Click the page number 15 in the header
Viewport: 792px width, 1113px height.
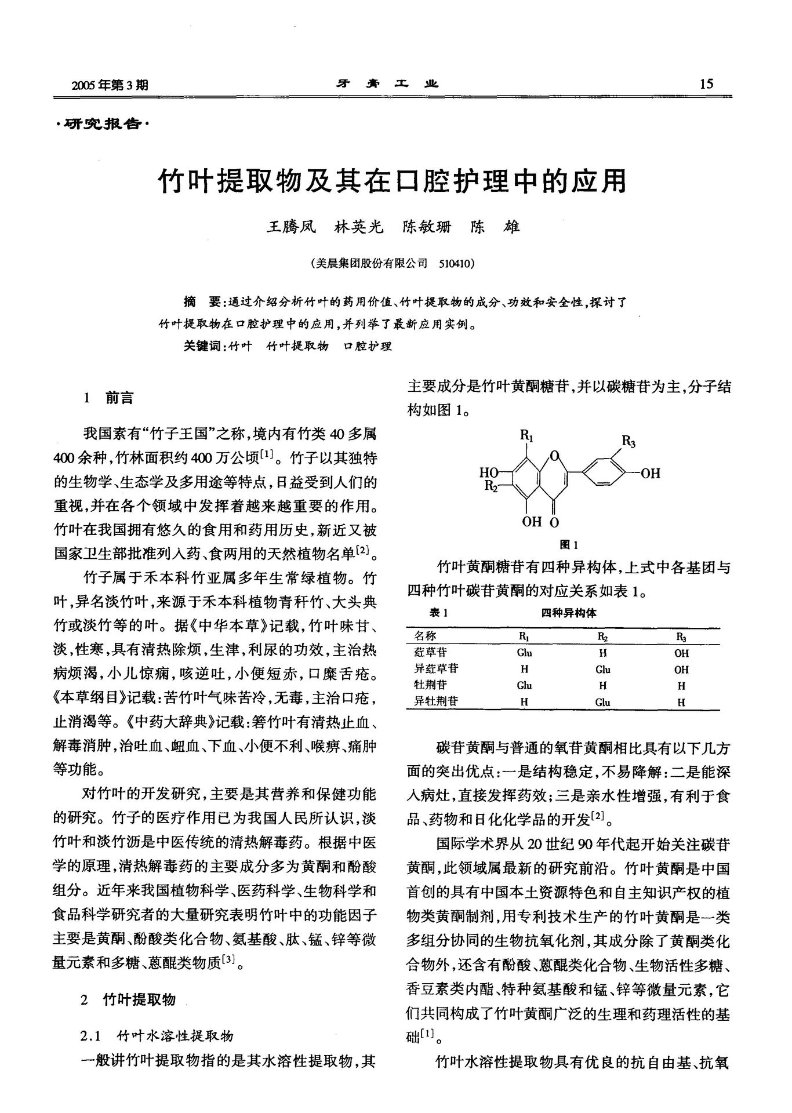(707, 84)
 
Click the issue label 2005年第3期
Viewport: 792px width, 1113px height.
(110, 86)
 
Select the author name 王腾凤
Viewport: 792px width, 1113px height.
(290, 227)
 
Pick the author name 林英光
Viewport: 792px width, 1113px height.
(359, 227)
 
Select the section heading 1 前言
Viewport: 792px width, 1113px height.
(108, 398)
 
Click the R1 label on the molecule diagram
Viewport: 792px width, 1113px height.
(527, 434)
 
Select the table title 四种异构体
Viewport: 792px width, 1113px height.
(569, 613)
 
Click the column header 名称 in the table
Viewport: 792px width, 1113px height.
(426, 636)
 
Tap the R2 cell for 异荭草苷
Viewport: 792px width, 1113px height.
(603, 669)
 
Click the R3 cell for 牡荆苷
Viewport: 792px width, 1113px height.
(681, 685)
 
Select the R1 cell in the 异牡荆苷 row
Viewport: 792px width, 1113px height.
(524, 702)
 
